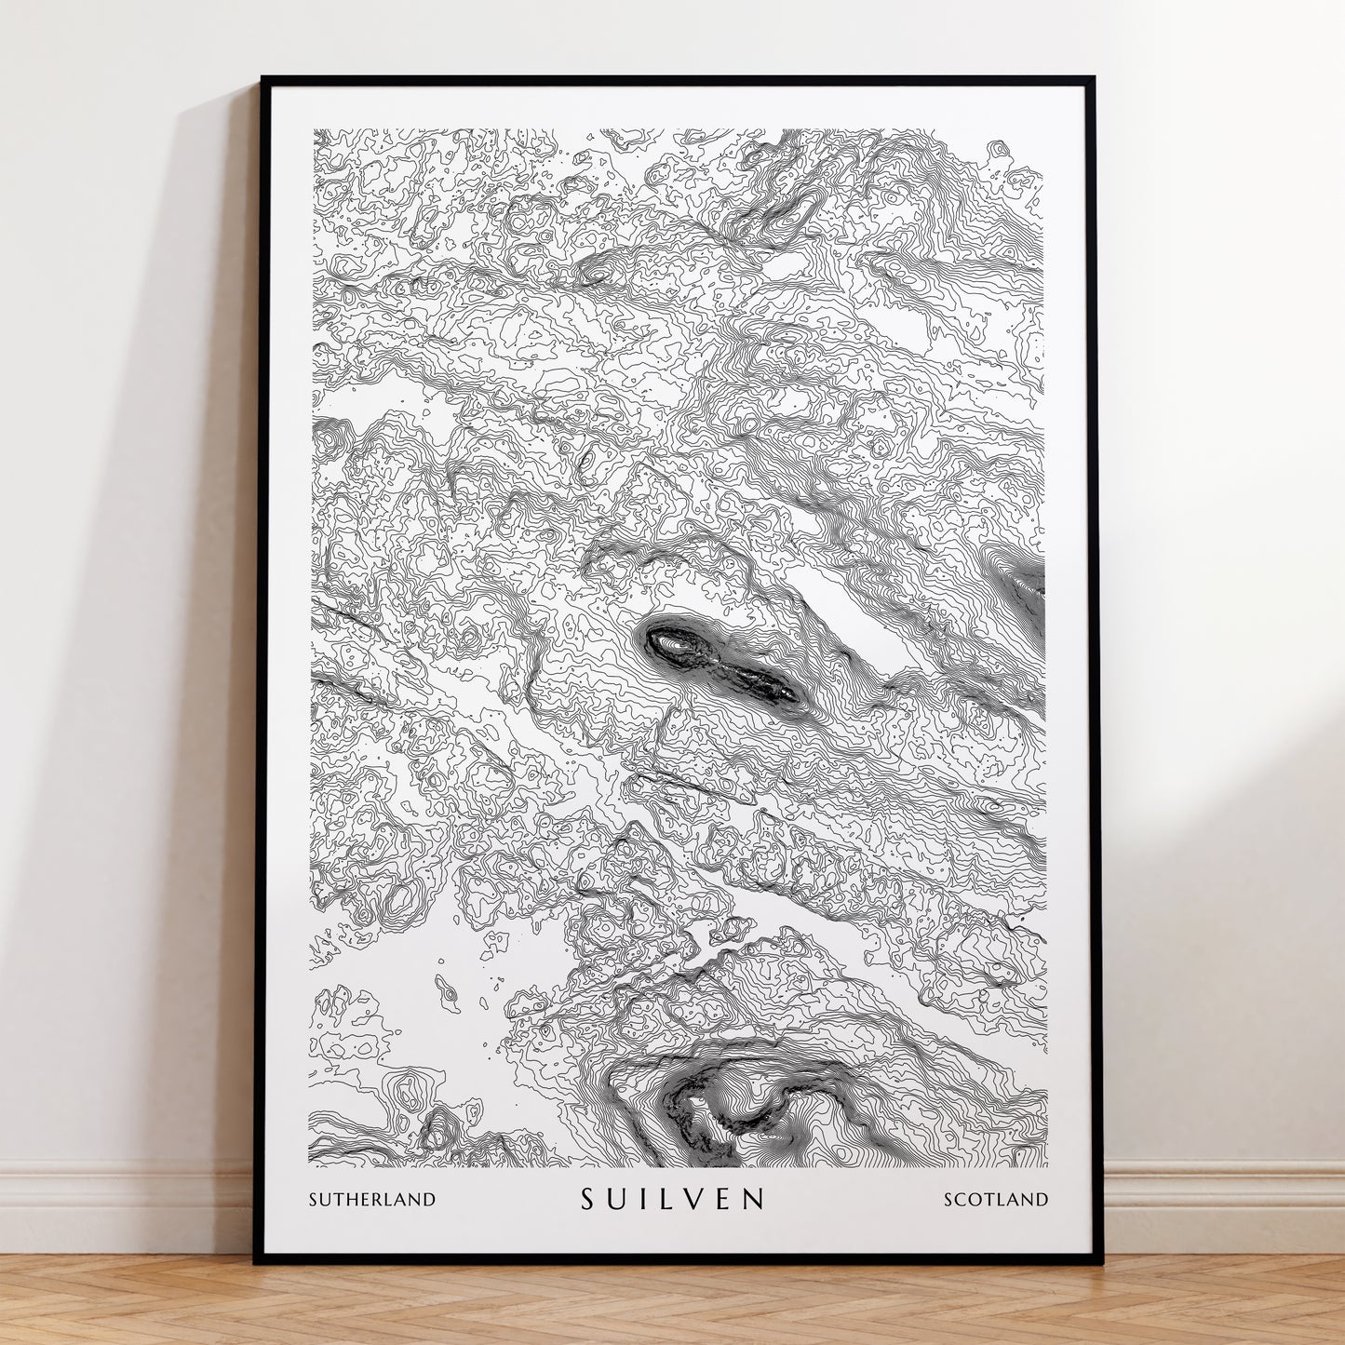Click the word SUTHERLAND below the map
[372, 1199]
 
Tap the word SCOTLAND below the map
[996, 1199]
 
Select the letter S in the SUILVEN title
[588, 1198]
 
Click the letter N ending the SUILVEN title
[753, 1198]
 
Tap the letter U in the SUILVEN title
[617, 1198]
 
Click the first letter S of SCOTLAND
[949, 1199]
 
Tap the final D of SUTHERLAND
[429, 1199]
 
